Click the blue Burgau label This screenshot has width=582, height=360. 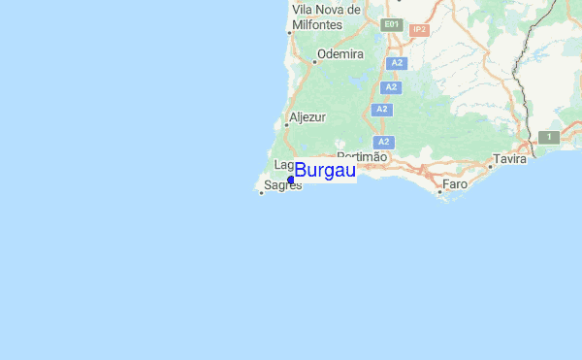325,172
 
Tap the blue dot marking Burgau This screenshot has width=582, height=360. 291,180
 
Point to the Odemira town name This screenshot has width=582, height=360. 339,54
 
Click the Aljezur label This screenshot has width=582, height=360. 307,116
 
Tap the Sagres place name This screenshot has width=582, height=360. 282,184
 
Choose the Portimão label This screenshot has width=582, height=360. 362,156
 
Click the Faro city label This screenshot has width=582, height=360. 455,183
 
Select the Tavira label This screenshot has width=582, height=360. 509,158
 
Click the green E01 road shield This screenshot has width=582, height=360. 391,23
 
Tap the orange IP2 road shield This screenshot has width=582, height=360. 419,30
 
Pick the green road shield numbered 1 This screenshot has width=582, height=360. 548,138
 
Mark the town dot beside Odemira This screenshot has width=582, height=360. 313,60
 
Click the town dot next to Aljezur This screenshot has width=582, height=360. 287,124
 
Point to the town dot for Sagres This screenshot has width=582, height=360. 262,191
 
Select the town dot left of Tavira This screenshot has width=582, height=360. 490,165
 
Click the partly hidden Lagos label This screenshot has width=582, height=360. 283,165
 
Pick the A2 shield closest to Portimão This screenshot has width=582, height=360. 383,142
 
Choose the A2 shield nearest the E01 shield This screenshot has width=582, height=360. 395,63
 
